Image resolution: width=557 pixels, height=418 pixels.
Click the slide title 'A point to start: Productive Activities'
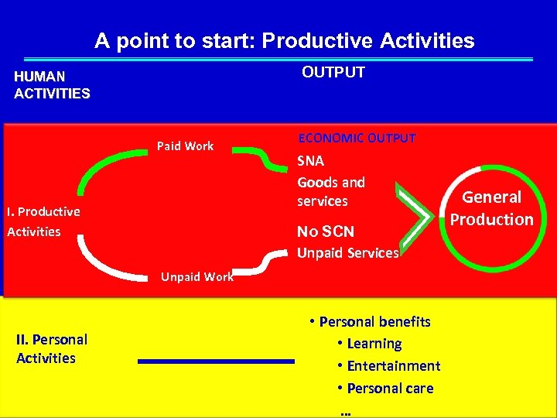tap(285, 41)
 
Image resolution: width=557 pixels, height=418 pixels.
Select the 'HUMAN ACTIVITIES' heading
tap(52, 85)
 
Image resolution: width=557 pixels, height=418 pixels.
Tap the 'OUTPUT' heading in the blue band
tap(333, 73)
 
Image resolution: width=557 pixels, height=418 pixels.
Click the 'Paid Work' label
tap(185, 146)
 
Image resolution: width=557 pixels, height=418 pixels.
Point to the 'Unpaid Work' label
tap(196, 276)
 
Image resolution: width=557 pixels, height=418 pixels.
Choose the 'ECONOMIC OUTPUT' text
tap(357, 138)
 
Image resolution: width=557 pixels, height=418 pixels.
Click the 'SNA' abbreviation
tap(311, 162)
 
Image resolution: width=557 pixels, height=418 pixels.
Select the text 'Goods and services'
tap(331, 192)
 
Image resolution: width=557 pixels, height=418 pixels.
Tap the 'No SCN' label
tap(326, 231)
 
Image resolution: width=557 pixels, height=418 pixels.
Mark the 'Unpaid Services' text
tap(348, 252)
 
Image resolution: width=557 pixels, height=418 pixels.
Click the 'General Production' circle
tap(491, 209)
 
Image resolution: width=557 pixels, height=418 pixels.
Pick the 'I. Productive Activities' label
tap(43, 221)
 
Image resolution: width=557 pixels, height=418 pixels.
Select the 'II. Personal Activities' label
tap(51, 348)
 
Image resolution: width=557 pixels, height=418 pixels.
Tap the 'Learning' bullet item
tap(374, 343)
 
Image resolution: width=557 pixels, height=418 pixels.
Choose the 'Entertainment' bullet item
tap(393, 365)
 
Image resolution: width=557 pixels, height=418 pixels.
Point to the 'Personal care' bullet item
tap(390, 388)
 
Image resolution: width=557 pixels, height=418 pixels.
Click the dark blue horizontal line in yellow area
tap(217, 361)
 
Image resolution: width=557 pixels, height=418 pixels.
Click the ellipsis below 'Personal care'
tap(345, 411)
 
